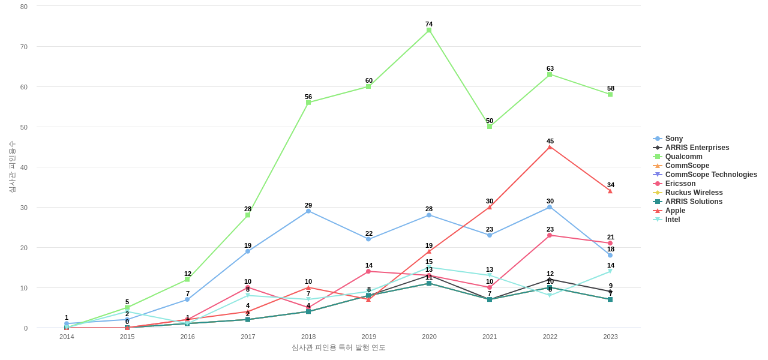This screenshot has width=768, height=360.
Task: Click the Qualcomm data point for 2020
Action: click(429, 30)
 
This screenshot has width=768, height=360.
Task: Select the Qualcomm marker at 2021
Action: click(490, 127)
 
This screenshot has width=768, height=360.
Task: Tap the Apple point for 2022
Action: click(550, 147)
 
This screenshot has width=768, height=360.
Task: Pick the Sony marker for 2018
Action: click(308, 211)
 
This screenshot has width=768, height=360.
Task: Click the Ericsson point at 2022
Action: click(550, 235)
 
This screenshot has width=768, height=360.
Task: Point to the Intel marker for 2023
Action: click(610, 271)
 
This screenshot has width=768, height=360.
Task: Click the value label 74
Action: click(429, 24)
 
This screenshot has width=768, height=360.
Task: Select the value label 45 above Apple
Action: click(550, 141)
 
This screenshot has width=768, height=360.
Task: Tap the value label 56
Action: click(308, 97)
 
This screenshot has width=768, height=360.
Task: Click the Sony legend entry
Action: click(674, 139)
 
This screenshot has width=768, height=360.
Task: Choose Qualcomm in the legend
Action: click(683, 157)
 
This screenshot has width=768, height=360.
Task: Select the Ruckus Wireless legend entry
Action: click(694, 193)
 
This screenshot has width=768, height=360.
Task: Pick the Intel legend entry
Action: click(673, 220)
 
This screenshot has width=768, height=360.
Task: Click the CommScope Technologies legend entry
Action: click(710, 175)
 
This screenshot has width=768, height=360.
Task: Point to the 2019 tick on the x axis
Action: click(369, 337)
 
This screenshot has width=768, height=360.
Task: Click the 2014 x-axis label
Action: click(67, 337)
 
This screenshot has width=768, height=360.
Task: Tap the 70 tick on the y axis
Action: click(24, 47)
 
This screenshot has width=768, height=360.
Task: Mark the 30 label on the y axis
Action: click(24, 208)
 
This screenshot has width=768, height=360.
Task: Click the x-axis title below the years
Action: click(338, 347)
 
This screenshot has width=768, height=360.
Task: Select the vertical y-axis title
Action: click(12, 167)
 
